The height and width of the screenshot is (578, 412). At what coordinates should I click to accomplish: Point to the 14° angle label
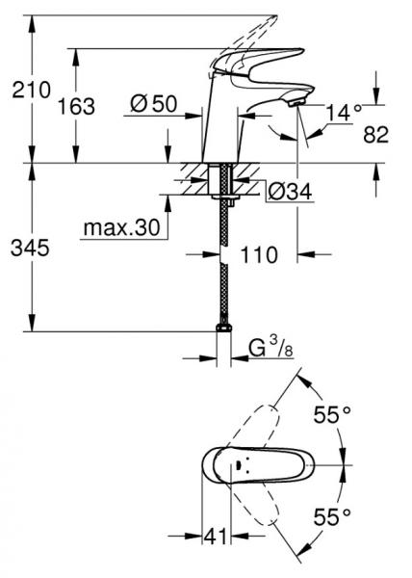click(346, 113)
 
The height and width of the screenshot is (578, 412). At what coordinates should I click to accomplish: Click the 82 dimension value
click(376, 135)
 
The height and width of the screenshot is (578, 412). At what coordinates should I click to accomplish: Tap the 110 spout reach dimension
click(259, 254)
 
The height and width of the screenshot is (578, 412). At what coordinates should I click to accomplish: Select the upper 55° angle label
click(333, 416)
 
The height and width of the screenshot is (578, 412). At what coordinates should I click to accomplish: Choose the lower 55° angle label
click(333, 516)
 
